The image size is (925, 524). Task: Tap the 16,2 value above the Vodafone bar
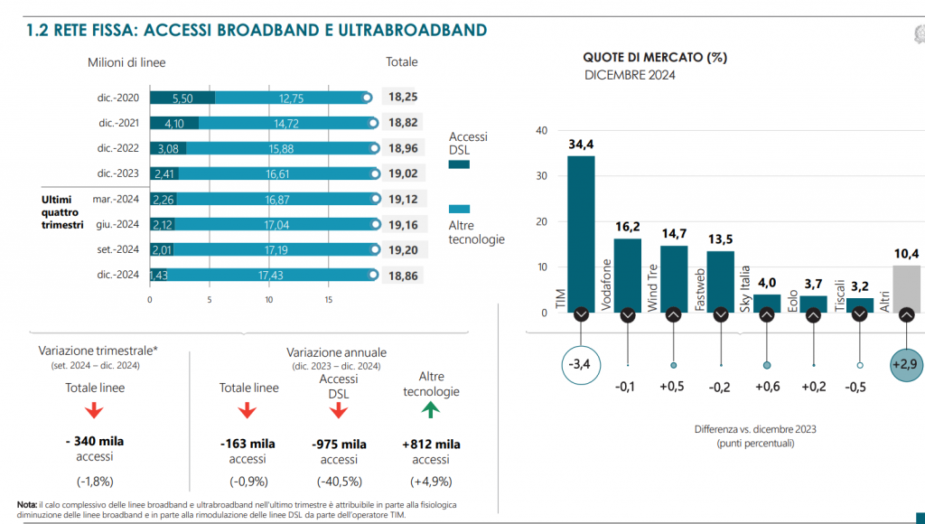pos(627,227)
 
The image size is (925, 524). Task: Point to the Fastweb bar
pos(720,280)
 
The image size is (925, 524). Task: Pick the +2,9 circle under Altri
pos(906,365)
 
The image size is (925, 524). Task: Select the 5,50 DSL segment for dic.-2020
pos(182,98)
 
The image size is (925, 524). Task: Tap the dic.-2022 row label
pos(118,148)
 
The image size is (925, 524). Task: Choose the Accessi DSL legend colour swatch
pos(459,164)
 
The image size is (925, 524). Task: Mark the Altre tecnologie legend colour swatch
pos(459,208)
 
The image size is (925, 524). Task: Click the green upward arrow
pos(430,409)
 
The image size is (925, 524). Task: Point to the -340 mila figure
pos(95,443)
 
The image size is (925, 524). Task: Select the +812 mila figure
pos(431,444)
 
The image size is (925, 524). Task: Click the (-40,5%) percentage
pos(339,481)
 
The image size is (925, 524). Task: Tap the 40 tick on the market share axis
pos(541,131)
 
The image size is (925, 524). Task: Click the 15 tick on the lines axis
pos(329,299)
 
